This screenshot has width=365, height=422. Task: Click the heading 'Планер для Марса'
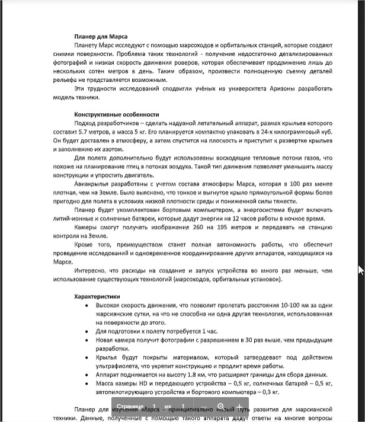coord(101,37)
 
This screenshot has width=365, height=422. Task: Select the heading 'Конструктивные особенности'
coord(116,114)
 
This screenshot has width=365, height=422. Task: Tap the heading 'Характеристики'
coord(97,296)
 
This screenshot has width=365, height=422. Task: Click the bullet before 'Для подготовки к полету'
coord(87,331)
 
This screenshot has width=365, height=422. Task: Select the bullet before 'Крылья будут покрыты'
coord(87,357)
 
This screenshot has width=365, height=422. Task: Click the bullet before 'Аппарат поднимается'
coord(87,375)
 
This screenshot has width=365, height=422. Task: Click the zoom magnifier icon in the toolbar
coord(221,407)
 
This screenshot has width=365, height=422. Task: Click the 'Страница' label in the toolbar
coord(130,407)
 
